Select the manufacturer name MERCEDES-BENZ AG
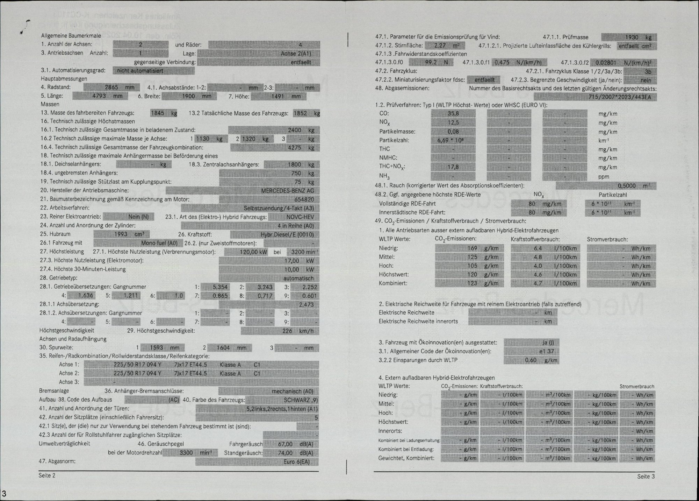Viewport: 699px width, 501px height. [287, 191]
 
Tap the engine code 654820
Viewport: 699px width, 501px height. [304, 199]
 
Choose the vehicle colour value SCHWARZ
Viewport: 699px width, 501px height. [297, 400]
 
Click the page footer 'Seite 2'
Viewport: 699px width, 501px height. [47, 475]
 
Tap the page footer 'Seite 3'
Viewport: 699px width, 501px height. [646, 476]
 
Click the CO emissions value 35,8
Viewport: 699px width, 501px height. [453, 113]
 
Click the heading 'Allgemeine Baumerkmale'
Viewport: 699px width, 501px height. [71, 36]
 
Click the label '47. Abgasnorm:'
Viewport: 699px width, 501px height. [57, 461]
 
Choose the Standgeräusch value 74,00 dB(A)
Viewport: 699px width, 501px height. [295, 453]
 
